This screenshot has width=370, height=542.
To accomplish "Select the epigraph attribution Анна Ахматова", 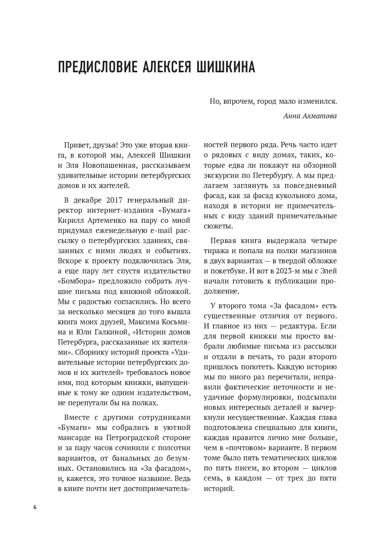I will pos(310,116).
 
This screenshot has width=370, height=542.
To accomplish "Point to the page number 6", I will pos(35,508).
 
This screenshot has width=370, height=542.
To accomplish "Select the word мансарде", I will pos(74,437).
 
